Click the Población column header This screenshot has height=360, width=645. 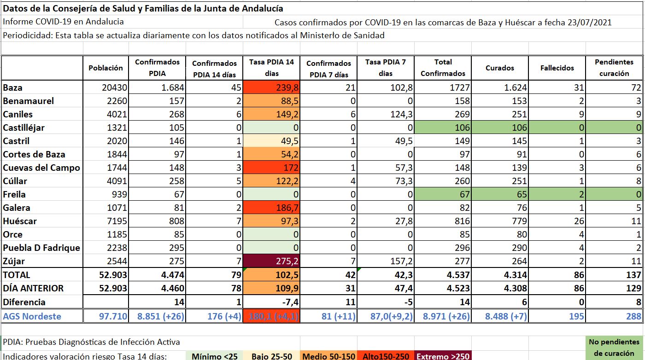coord(106,68)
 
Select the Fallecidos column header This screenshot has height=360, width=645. coord(557,68)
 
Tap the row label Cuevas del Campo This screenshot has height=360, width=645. coord(41,168)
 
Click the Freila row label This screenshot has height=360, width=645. coord(14,194)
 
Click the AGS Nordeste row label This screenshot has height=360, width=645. coord(33,316)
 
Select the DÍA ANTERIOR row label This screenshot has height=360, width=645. coord(33,288)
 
